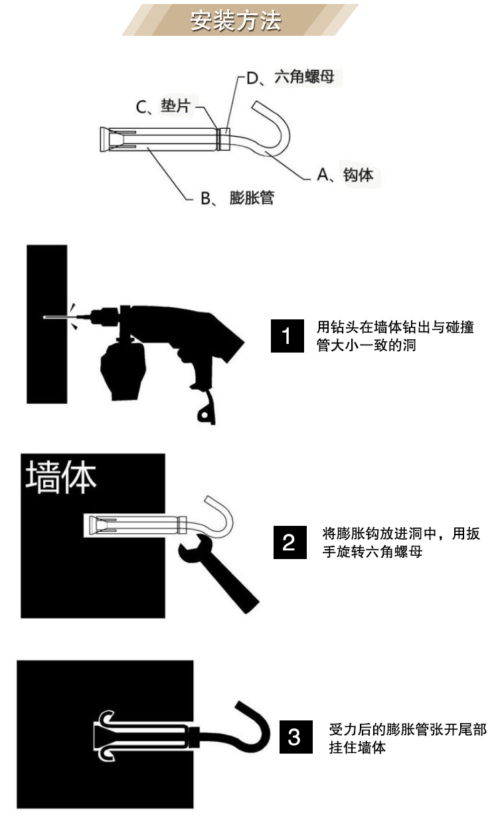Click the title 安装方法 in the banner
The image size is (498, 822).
(236, 21)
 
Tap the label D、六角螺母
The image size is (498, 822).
(290, 77)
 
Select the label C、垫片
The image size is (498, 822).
(163, 106)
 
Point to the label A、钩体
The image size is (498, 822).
(345, 175)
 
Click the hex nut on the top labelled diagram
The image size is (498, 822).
(224, 139)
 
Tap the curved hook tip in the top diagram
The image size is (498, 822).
(256, 105)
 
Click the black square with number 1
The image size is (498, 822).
(288, 336)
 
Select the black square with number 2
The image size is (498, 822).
(290, 542)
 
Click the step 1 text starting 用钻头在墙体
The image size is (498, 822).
(395, 336)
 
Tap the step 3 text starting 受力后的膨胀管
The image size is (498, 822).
(408, 738)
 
